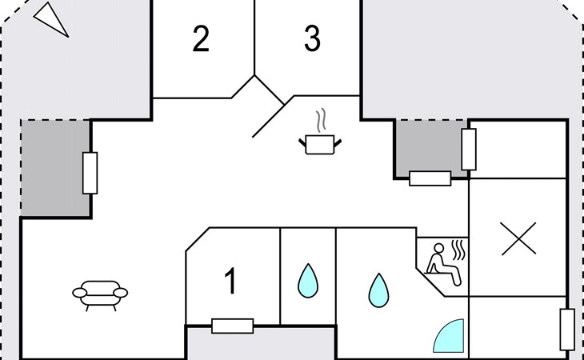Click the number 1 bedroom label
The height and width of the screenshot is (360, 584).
pyautogui.click(x=231, y=281)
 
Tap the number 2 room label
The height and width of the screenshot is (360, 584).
pyautogui.click(x=201, y=38)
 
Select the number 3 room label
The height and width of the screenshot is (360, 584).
pyautogui.click(x=312, y=38)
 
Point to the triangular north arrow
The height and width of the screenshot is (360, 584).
pyautogui.click(x=51, y=19)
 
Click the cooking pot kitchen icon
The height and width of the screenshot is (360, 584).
pyautogui.click(x=320, y=144)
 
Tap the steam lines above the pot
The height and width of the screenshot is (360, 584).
pyautogui.click(x=321, y=120)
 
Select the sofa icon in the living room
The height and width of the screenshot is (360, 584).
pyautogui.click(x=100, y=295)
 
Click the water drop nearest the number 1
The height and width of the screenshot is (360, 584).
pyautogui.click(x=308, y=281)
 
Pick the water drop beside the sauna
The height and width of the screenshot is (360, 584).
pyautogui.click(x=378, y=290)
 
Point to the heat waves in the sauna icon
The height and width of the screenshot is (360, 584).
pyautogui.click(x=458, y=250)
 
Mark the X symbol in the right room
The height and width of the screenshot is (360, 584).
pyautogui.click(x=518, y=238)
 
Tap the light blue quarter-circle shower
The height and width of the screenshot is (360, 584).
pyautogui.click(x=449, y=336)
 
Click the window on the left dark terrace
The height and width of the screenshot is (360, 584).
pyautogui.click(x=90, y=173)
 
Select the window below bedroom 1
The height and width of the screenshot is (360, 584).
pyautogui.click(x=233, y=326)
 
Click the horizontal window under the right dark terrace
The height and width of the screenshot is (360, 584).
pyautogui.click(x=430, y=178)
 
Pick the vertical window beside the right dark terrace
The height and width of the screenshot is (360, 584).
pyautogui.click(x=469, y=150)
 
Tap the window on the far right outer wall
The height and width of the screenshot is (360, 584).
pyautogui.click(x=567, y=330)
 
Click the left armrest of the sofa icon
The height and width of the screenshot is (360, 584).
pyautogui.click(x=79, y=293)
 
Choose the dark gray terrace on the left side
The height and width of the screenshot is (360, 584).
pyautogui.click(x=55, y=168)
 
